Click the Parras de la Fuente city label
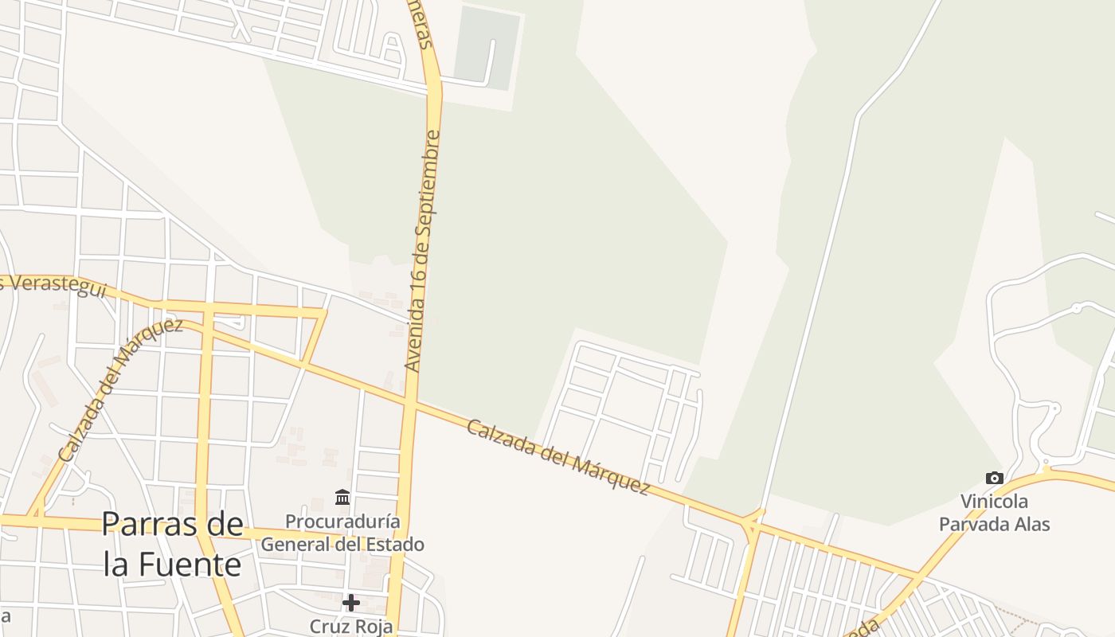tap(173, 545)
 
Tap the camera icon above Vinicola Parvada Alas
tap(994, 478)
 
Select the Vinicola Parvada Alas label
tap(994, 513)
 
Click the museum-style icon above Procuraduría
tap(342, 497)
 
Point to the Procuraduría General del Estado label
tap(342, 533)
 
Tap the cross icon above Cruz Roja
tap(351, 603)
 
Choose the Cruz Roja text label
tap(351, 626)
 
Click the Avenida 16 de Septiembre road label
tap(423, 251)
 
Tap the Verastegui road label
tap(56, 287)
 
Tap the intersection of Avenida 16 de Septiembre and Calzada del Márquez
tap(410, 404)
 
